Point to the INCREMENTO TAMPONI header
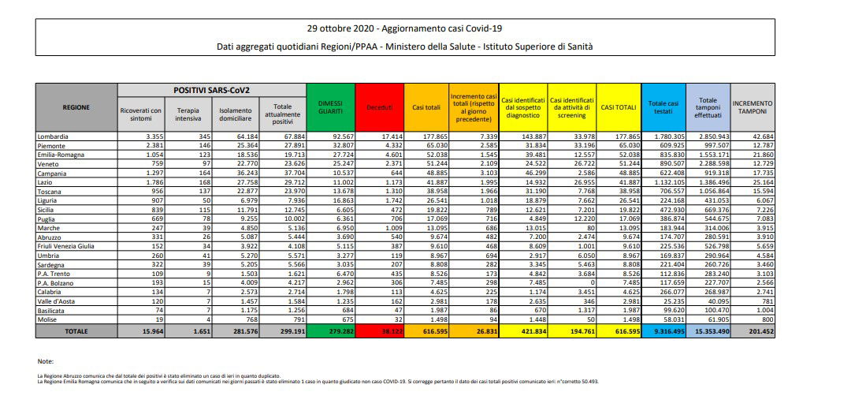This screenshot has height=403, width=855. pos(753,107)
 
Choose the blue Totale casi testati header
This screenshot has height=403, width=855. pos(663,107)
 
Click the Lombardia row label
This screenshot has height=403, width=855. pos(54,137)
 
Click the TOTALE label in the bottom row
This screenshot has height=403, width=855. pos(77,332)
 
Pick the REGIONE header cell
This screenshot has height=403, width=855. pos(77,107)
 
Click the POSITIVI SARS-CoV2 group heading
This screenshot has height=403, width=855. pos(211,90)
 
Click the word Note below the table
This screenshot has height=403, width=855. pos(46,361)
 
